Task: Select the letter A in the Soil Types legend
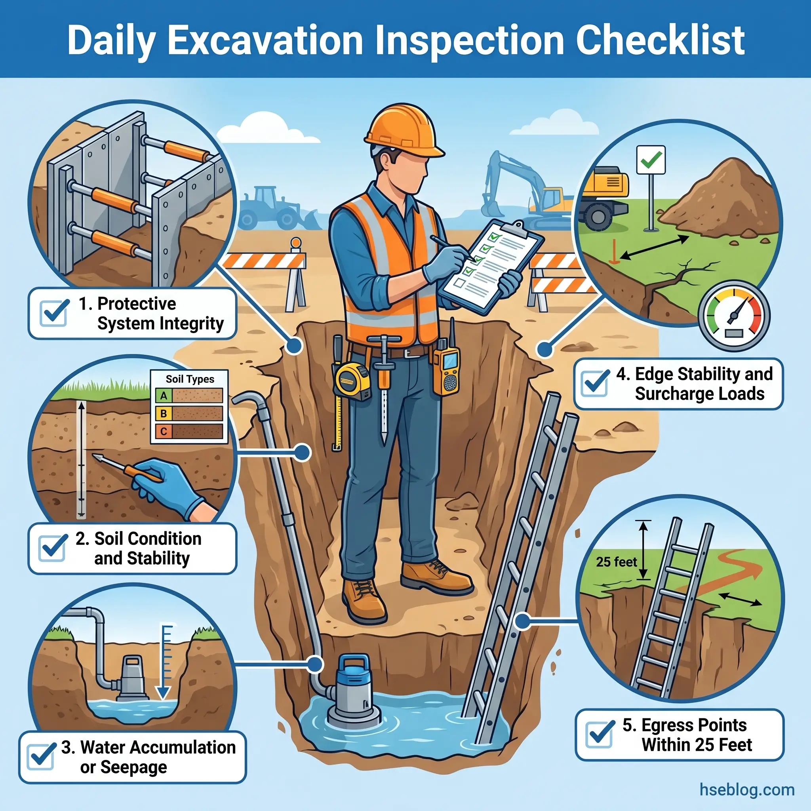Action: click(164, 396)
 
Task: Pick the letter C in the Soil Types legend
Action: click(164, 431)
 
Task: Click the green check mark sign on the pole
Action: click(651, 160)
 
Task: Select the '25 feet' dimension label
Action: click(616, 562)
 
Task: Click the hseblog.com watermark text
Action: click(747, 790)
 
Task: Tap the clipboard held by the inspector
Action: click(491, 265)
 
